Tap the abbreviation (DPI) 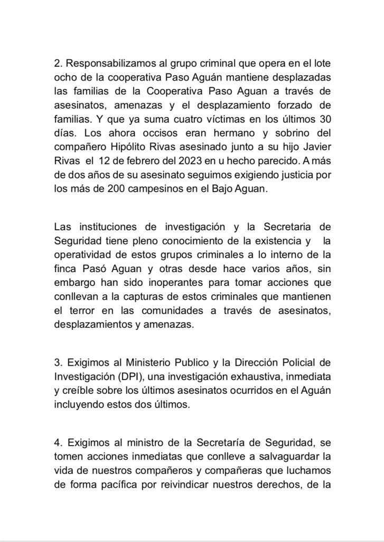pyautogui.click(x=123, y=377)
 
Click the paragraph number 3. pyautogui.click(x=57, y=363)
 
